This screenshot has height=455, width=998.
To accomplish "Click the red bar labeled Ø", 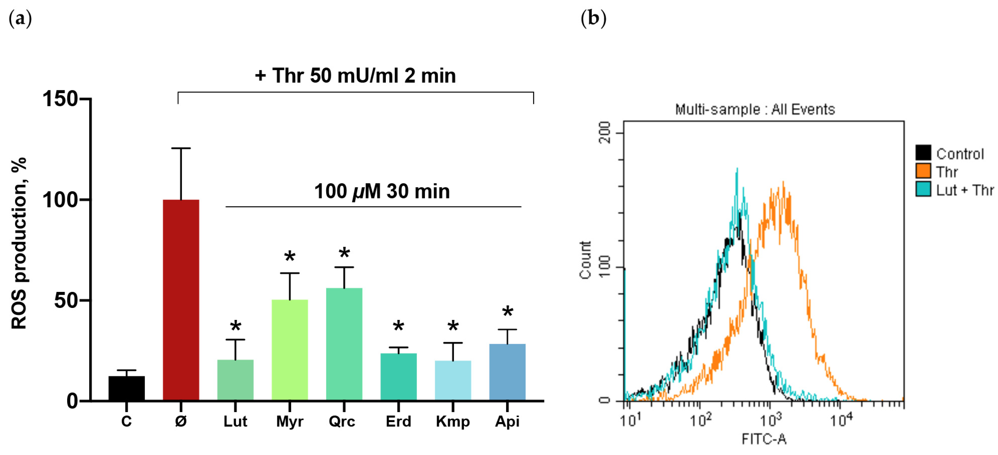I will tap(181, 300).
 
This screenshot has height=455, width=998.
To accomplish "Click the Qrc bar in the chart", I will tap(344, 344).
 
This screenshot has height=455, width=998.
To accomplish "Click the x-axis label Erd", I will tap(398, 421).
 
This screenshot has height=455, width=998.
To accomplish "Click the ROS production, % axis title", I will tap(19, 244).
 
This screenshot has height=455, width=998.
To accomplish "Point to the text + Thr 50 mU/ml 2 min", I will tap(355, 76).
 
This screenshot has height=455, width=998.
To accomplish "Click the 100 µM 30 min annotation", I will tap(382, 192).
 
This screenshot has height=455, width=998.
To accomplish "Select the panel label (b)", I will tap(593, 18).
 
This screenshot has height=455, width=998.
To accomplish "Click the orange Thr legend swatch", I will tap(923, 171).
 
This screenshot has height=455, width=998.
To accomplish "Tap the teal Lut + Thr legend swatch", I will tap(923, 189).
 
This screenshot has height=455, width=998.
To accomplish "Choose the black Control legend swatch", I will tap(923, 153).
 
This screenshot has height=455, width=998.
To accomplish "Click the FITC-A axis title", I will tap(763, 439).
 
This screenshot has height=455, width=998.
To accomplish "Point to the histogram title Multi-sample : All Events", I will tap(755, 109).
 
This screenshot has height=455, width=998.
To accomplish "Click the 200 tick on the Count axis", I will tap(605, 133).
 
